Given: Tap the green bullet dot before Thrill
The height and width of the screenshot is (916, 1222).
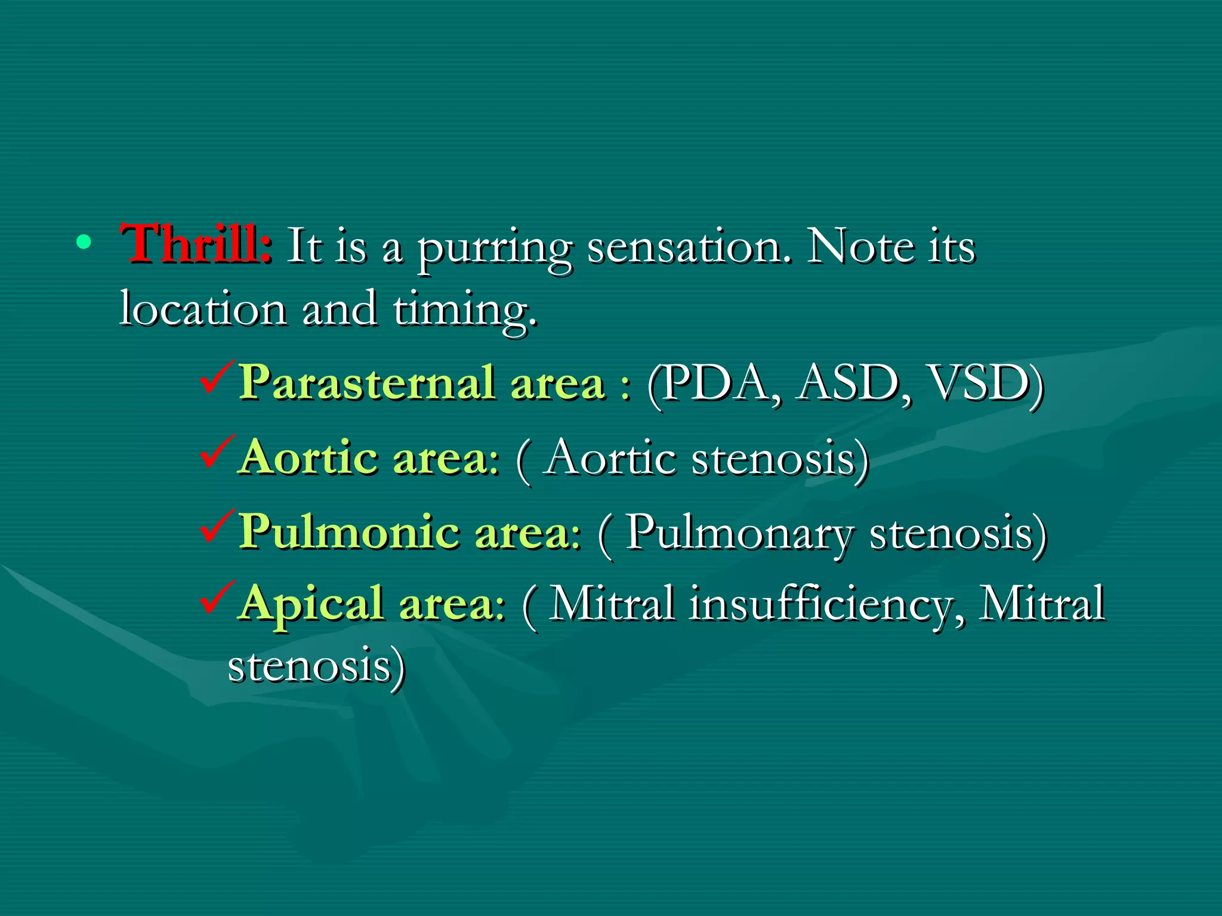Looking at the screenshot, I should pos(84,242).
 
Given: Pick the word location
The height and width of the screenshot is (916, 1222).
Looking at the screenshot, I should pos(203,310).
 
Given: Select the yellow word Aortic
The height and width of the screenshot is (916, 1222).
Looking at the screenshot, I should pos(309,458).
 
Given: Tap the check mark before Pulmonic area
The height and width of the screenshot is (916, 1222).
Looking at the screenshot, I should pos(217,526).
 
